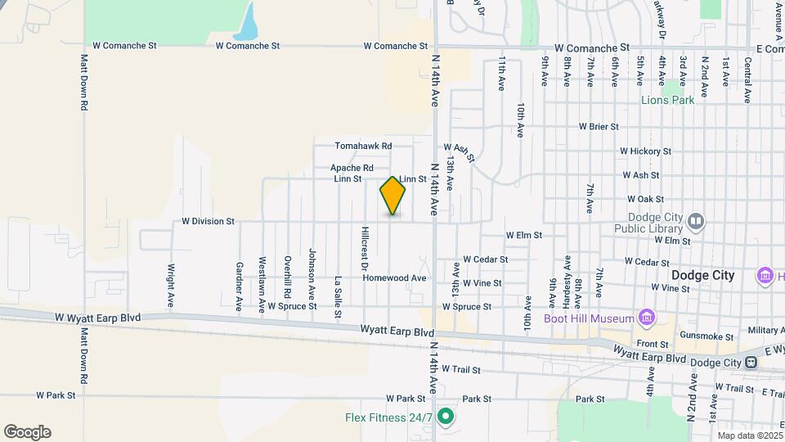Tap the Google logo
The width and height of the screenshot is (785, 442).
pos(27,432)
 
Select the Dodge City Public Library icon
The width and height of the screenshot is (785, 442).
pos(695,220)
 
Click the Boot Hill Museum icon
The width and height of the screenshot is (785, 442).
pos(646,318)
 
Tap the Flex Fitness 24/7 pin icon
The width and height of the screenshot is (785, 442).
pos(446,417)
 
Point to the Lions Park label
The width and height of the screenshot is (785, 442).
pos(667,100)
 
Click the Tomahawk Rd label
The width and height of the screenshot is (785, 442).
pos(363,146)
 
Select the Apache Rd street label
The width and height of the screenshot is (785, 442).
pos(352,168)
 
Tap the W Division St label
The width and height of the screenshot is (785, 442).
pos(208,221)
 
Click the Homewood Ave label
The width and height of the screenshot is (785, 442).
pos(395,278)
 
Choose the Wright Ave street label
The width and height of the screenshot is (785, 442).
pos(171,280)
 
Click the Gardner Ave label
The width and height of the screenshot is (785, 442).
pos(240,286)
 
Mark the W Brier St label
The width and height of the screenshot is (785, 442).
pos(599,127)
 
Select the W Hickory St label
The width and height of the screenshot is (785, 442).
pos(645,151)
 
